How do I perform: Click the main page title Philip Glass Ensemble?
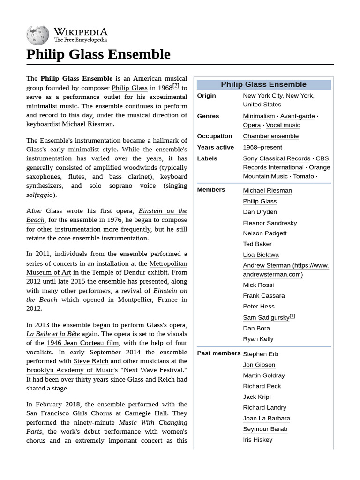[98, 54]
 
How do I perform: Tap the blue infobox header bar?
[263, 84]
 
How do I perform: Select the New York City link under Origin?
[262, 96]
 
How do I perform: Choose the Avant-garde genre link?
[297, 116]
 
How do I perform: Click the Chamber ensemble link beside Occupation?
[270, 136]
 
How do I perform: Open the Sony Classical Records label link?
[277, 158]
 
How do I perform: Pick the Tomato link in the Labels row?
[303, 176]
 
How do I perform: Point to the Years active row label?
[215, 147]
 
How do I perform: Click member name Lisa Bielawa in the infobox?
[261, 255]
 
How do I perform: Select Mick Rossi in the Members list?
[258, 285]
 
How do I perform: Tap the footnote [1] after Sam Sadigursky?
[292, 316]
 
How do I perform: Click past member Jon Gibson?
[259, 365]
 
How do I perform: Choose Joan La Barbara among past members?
[266, 418]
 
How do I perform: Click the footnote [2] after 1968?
[176, 86]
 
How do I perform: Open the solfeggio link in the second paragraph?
[40, 195]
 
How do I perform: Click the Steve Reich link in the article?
[90, 361]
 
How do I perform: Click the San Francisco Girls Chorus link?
[69, 413]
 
